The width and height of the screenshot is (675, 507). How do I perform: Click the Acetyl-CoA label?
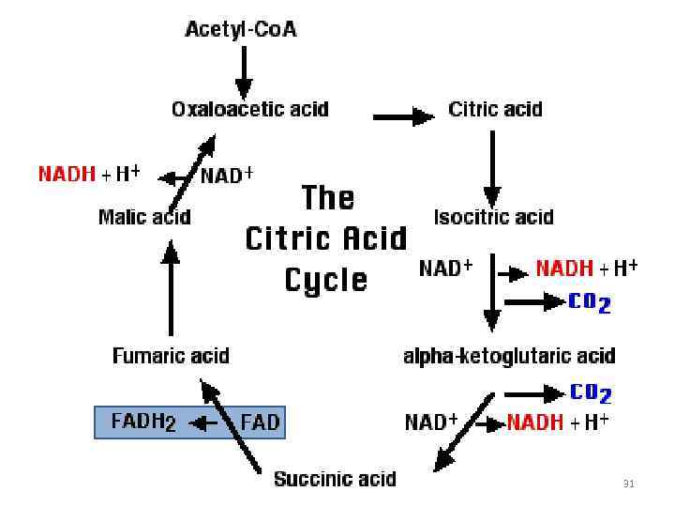click(241, 29)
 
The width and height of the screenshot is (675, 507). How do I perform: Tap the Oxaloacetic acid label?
click(249, 109)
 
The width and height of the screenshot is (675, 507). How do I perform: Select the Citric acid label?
click(495, 109)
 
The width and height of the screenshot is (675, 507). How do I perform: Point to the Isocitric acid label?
click(494, 217)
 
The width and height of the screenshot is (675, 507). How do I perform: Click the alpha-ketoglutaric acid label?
click(509, 356)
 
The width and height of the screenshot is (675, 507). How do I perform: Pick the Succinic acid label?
click(335, 479)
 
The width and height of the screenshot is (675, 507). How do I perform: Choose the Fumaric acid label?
click(171, 356)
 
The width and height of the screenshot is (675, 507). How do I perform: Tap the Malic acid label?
click(144, 217)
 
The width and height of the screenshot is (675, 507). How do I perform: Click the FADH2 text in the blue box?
click(143, 422)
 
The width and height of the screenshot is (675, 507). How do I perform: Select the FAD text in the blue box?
click(261, 422)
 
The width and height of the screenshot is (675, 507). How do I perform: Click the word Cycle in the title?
click(326, 279)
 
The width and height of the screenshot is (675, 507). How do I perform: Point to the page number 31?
click(629, 484)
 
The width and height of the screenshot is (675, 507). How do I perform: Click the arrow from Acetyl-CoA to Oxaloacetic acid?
click(243, 71)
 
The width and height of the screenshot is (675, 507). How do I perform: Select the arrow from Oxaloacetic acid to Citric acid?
click(404, 116)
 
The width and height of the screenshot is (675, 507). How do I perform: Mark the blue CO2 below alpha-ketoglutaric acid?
click(591, 392)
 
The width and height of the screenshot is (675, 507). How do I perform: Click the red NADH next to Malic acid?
click(67, 174)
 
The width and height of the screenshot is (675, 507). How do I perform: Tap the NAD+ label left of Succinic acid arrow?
click(430, 422)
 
